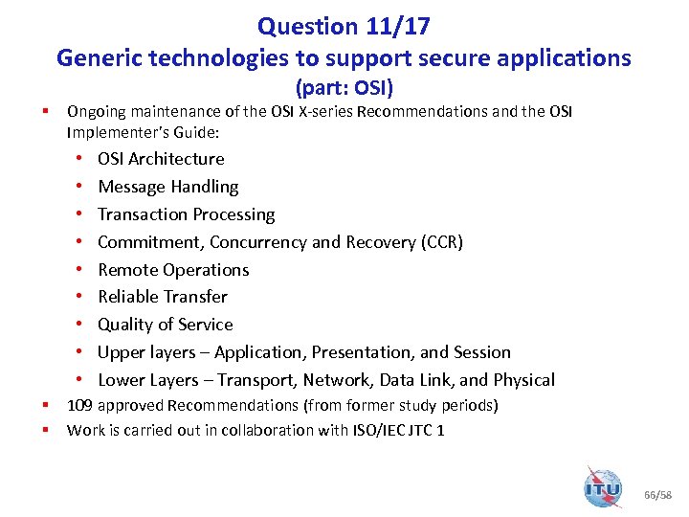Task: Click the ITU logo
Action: click(603, 487)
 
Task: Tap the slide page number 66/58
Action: click(659, 495)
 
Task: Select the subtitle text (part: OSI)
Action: click(344, 89)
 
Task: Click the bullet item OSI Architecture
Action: click(161, 159)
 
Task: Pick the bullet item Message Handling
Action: click(168, 187)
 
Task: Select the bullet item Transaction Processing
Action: click(187, 214)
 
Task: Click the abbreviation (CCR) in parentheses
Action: click(442, 242)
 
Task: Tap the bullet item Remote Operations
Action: click(173, 270)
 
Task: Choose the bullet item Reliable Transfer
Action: click(163, 297)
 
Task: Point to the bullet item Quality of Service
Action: click(166, 325)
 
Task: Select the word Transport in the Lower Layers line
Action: click(300, 380)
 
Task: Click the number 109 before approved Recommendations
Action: click(79, 406)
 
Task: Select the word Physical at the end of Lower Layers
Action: click(522, 380)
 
